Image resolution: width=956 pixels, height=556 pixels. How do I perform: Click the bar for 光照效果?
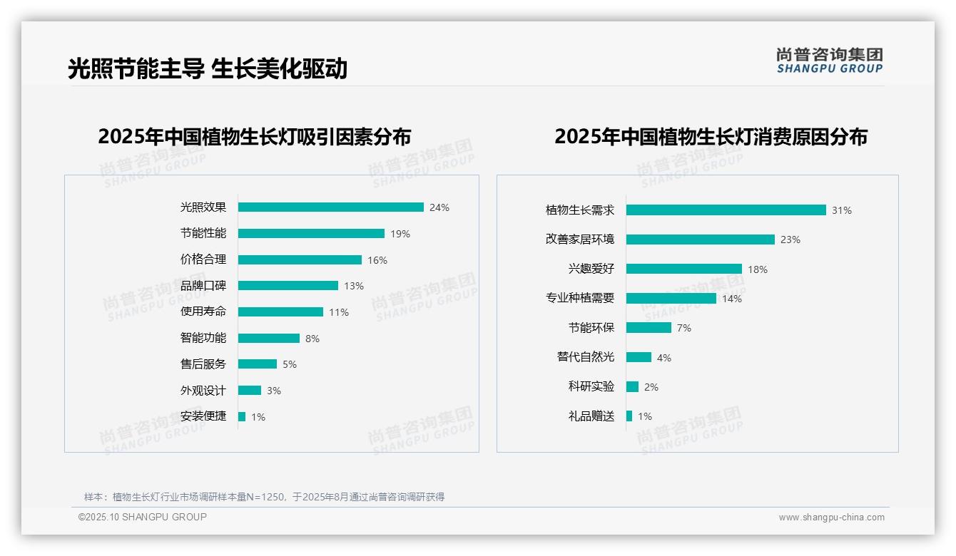point(330,207)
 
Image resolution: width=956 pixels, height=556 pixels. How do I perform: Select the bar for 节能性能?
point(311,234)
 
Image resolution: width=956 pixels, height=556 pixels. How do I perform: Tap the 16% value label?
point(377,260)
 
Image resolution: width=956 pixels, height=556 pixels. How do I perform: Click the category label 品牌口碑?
point(203,286)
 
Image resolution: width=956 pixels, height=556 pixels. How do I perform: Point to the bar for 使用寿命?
point(280,312)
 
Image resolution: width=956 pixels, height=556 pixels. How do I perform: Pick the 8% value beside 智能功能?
point(312,339)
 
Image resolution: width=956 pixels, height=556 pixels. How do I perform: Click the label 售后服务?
point(203,364)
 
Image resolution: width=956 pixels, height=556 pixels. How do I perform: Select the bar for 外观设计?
point(250,391)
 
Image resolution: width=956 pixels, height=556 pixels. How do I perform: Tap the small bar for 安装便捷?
point(242,416)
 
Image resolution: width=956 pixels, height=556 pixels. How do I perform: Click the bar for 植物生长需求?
point(726,210)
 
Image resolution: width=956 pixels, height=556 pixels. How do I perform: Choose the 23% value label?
point(790,240)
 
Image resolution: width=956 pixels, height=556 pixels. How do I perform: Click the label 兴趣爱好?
point(591,269)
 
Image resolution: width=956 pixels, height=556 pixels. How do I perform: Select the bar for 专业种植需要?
point(671,299)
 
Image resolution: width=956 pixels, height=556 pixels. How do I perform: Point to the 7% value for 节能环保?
point(684,328)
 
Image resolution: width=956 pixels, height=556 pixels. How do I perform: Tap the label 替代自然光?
point(585,357)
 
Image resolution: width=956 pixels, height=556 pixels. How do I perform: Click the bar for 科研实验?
point(632,386)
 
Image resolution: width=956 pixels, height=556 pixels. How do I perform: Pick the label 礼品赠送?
point(591,416)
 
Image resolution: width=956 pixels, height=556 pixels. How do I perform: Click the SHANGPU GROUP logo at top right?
point(829,61)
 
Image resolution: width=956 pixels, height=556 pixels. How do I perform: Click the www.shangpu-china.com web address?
point(831,518)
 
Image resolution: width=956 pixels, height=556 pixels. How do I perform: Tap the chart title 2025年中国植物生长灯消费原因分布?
point(711,137)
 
